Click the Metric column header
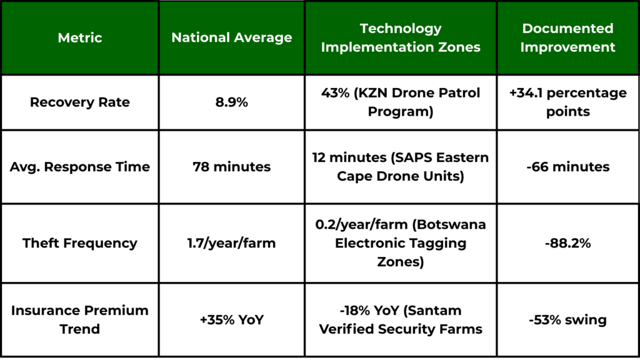coord(79,37)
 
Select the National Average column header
coord(231,37)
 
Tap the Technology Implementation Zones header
coord(401,37)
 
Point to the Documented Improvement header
coord(567,37)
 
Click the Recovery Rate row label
coord(79,102)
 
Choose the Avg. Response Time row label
coord(79,167)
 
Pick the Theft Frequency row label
coord(79,243)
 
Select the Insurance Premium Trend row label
coord(79,319)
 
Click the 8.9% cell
coord(231,102)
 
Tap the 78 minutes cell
coord(231,167)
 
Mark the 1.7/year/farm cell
coord(231,243)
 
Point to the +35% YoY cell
coord(231,319)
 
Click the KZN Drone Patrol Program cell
coord(401,102)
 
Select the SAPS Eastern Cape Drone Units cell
coord(401,167)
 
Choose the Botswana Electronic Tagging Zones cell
coord(401,243)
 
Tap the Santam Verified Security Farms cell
coord(401,319)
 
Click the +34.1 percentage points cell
coord(567,102)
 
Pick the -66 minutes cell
coord(567,167)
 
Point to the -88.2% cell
coord(567,243)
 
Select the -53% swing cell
coord(567,319)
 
